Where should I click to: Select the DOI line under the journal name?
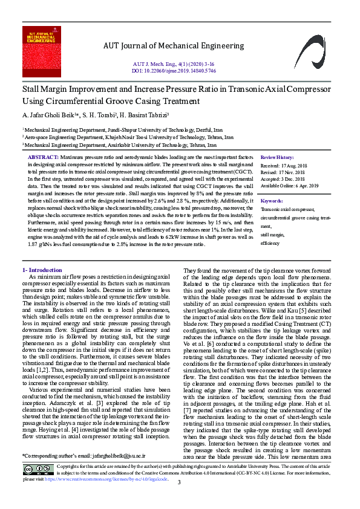(174, 70)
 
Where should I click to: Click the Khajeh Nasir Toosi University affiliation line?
(128, 137)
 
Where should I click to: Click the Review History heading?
(277, 157)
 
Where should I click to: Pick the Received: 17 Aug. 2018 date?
(283, 164)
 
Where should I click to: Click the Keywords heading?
(271, 200)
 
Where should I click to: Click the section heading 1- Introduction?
(42, 270)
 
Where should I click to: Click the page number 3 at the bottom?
(179, 499)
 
